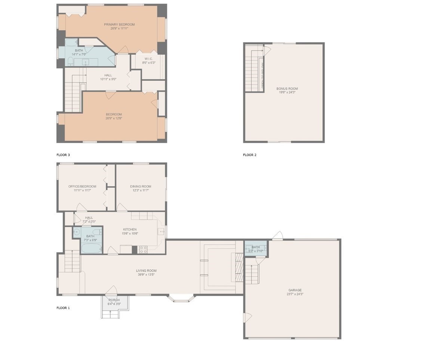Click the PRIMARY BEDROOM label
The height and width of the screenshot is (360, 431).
[x=119, y=25]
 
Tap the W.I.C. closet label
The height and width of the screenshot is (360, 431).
[x=148, y=59]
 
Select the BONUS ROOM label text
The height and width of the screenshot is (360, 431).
[x=287, y=89]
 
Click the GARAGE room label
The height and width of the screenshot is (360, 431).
[x=295, y=290]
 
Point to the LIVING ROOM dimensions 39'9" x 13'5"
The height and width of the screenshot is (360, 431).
[x=146, y=275]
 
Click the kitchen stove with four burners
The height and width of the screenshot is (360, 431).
[x=143, y=250]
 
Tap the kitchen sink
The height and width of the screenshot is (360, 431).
[x=161, y=232]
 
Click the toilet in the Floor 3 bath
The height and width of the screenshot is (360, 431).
[x=70, y=63]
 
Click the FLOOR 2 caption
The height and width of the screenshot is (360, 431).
[x=250, y=155]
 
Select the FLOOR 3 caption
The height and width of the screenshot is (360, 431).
[x=63, y=155]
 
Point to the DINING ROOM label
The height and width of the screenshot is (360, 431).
[x=141, y=187]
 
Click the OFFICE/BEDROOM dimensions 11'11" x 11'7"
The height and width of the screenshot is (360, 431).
[x=82, y=190]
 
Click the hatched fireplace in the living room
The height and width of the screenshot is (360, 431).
[x=238, y=268]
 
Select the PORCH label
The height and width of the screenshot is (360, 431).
[x=114, y=300]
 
